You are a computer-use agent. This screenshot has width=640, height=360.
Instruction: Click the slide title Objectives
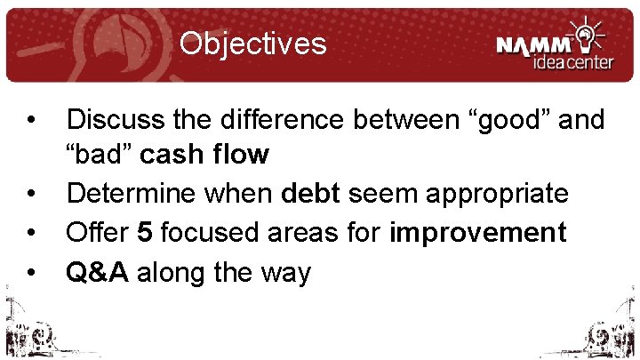[x=252, y=43]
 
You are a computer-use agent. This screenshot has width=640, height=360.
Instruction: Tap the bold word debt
[x=313, y=194]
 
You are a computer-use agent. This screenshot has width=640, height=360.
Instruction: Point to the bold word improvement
[x=478, y=233]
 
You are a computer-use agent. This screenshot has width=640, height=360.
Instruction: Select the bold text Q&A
[x=99, y=272]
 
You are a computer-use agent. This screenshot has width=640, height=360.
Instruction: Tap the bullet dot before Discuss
[x=30, y=118]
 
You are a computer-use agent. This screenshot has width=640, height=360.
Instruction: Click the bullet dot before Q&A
[x=30, y=273]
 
